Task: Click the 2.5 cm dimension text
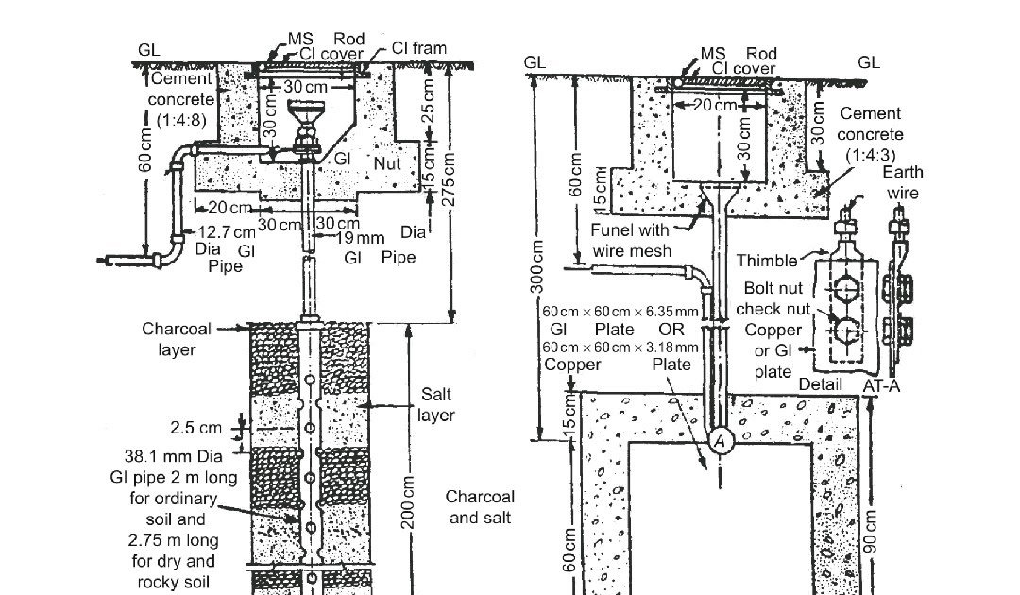(197, 428)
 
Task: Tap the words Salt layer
(435, 406)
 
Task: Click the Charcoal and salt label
(481, 507)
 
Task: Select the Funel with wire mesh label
(630, 240)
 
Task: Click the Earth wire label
(903, 182)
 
